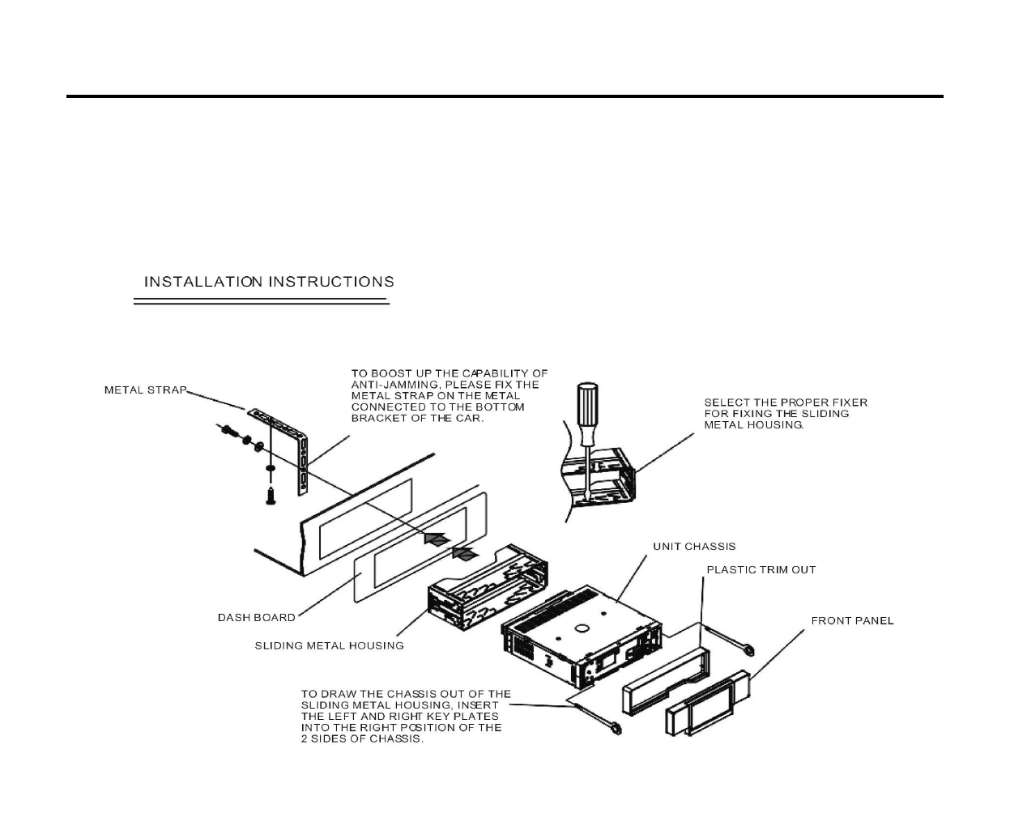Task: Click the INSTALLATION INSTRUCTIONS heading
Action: pos(269,282)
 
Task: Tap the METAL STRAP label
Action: pos(145,390)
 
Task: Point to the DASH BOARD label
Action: pos(256,618)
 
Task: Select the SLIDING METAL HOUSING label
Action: pos(329,646)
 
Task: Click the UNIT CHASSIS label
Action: pos(694,547)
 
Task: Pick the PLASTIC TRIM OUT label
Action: pos(761,570)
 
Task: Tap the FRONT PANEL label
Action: pos(852,621)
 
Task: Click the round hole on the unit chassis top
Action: pos(582,628)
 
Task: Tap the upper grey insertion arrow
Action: pos(437,539)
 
